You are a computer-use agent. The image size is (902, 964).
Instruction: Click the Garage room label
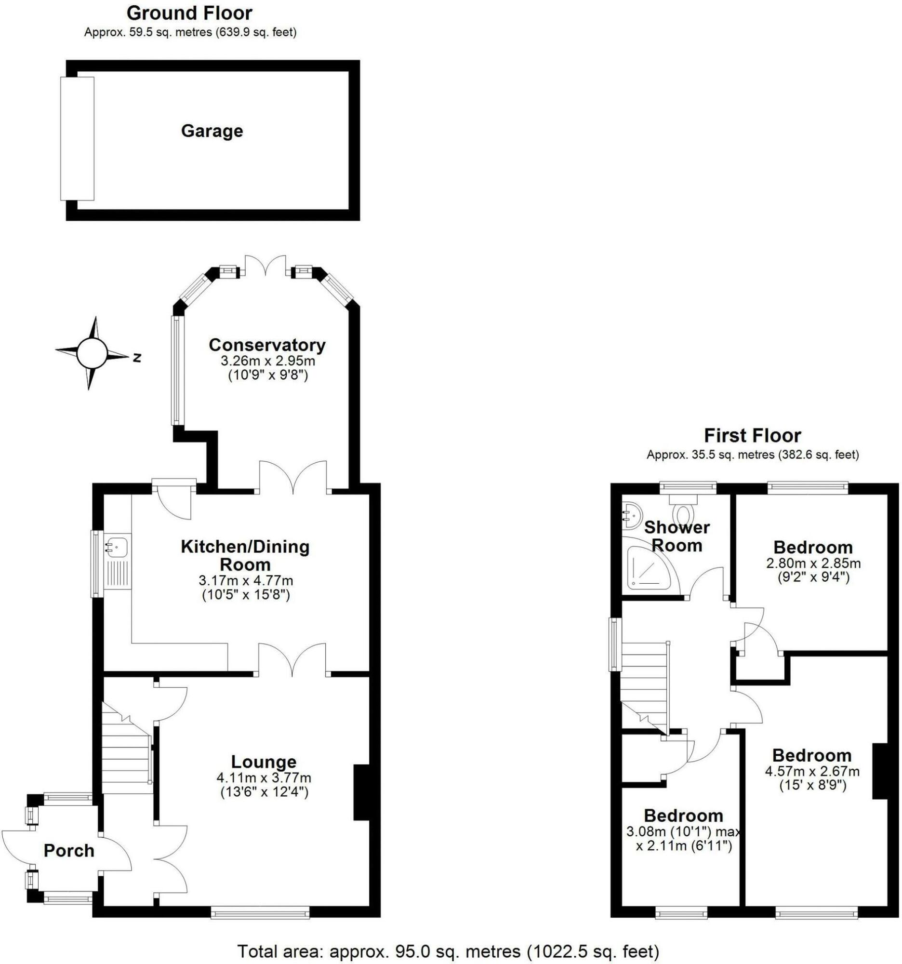212,131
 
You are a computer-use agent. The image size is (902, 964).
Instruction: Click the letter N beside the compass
137,358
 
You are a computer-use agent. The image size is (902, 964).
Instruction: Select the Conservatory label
266,345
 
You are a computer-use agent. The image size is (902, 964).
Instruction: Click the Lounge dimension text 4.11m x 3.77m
264,778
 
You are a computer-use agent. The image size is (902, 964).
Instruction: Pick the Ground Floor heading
189,13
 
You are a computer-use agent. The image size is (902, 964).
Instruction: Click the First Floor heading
752,436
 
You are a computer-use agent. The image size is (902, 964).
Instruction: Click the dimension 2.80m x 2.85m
813,563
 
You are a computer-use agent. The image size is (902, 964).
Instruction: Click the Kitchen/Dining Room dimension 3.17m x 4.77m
246,580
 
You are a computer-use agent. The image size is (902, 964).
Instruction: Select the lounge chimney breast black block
361,792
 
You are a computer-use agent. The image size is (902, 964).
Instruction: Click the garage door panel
77,138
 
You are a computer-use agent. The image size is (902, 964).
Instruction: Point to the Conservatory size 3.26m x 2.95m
267,361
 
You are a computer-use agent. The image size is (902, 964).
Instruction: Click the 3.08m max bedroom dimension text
683,832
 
